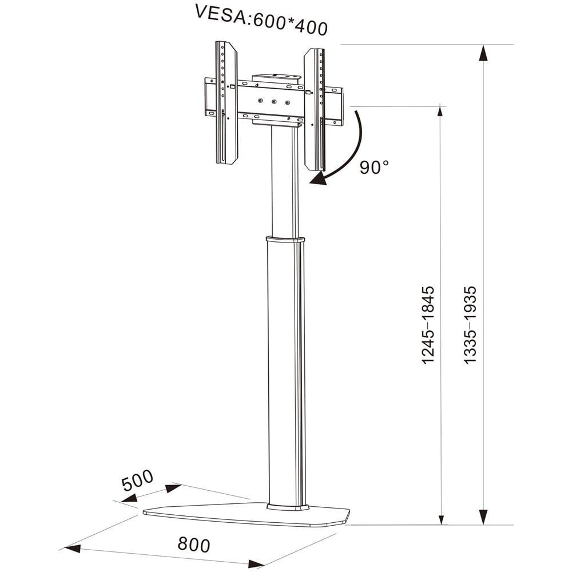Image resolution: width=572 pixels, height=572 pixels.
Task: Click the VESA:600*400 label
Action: point(261,21)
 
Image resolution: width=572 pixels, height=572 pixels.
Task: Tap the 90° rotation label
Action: point(375,167)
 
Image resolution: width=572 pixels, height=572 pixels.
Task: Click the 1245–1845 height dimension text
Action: point(428,325)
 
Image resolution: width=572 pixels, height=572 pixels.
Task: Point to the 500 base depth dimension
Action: point(137,480)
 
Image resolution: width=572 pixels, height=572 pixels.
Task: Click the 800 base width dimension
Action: point(194,544)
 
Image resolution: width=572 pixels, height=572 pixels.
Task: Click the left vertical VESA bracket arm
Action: point(227,102)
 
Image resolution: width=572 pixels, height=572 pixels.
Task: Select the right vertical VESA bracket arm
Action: point(314,109)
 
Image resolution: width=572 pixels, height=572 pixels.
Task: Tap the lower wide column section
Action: point(285,372)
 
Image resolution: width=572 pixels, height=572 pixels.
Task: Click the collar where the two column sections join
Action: point(284,239)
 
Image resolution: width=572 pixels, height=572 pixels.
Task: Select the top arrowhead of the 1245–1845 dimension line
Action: point(440,112)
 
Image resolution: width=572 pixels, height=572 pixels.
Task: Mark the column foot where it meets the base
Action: point(287,506)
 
